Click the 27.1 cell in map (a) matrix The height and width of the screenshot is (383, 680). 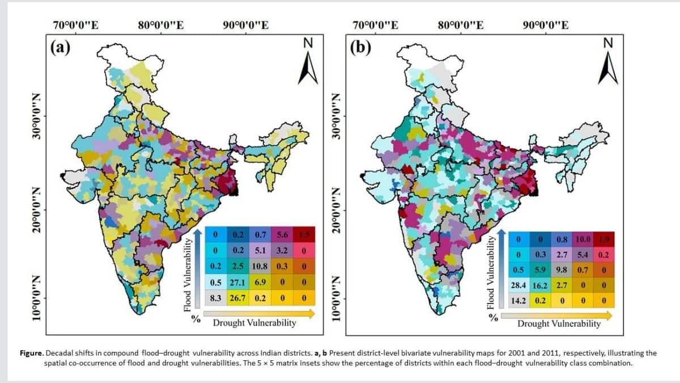(237, 283)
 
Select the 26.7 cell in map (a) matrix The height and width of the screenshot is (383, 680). (237, 298)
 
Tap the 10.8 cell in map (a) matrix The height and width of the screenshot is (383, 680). (260, 267)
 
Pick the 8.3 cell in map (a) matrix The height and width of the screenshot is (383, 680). (215, 298)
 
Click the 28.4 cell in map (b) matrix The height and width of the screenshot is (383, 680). (518, 285)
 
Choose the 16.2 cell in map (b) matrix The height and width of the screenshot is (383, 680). (540, 285)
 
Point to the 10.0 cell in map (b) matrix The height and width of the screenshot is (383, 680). (583, 239)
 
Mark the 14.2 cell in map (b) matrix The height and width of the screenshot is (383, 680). (518, 301)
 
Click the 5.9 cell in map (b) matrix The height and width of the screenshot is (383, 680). (540, 270)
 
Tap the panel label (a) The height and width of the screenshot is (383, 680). (60, 48)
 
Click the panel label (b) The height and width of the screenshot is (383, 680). (360, 48)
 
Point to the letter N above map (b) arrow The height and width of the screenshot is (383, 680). (607, 43)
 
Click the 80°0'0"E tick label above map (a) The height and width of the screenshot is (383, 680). (161, 25)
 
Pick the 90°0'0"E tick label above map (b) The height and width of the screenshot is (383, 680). (546, 25)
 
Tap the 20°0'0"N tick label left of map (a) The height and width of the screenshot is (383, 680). (36, 210)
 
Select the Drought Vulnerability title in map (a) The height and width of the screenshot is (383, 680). (254, 322)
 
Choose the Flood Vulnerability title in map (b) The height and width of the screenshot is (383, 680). (491, 273)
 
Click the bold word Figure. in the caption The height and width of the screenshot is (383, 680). (32, 353)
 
